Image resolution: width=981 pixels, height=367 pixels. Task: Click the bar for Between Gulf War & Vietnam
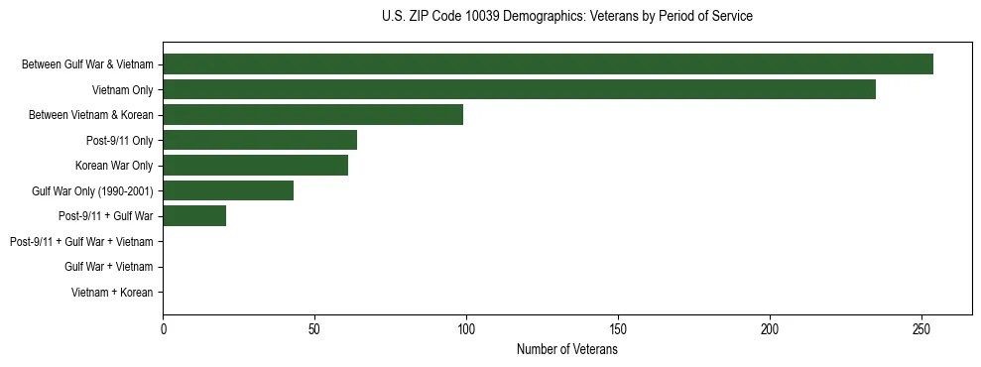point(548,63)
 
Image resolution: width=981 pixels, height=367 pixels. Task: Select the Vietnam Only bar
point(519,89)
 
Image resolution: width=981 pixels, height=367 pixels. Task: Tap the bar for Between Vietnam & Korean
point(312,114)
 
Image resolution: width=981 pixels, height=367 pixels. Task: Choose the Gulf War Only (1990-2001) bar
point(228,190)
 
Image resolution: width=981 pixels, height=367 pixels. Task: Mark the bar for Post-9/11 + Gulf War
point(194,215)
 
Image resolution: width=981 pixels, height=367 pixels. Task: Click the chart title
point(566,17)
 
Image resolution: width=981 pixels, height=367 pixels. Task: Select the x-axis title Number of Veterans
point(566,349)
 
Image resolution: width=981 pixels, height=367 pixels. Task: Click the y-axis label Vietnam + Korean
point(112,292)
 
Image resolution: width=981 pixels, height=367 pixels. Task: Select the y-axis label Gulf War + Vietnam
point(108,267)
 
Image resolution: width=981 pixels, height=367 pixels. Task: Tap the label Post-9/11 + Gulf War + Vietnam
point(81,241)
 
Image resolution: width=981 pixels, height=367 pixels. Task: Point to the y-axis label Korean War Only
point(114,165)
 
